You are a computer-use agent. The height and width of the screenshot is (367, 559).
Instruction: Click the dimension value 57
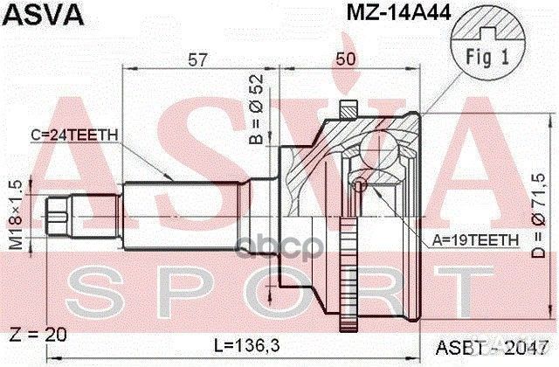click(x=197, y=59)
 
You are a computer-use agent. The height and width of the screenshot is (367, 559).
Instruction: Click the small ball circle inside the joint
click(x=359, y=186)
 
